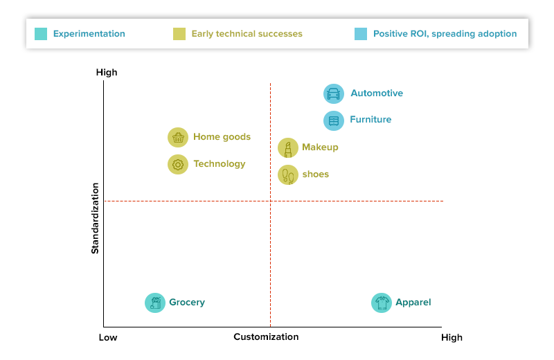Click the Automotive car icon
click(334, 94)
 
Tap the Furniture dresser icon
click(334, 120)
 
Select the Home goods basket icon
click(178, 137)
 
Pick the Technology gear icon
click(178, 164)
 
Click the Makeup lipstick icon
click(288, 147)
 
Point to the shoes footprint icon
click(288, 174)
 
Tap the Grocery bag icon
click(155, 303)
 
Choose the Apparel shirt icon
click(382, 303)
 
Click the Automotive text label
click(377, 93)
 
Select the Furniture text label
click(370, 120)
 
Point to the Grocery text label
click(187, 303)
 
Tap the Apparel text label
click(413, 303)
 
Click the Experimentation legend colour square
click(41, 33)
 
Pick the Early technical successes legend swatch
click(179, 33)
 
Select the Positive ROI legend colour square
click(360, 33)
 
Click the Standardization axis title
click(96, 218)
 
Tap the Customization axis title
click(266, 337)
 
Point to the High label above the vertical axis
click(107, 73)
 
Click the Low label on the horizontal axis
click(108, 338)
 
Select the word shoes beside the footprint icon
click(316, 174)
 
